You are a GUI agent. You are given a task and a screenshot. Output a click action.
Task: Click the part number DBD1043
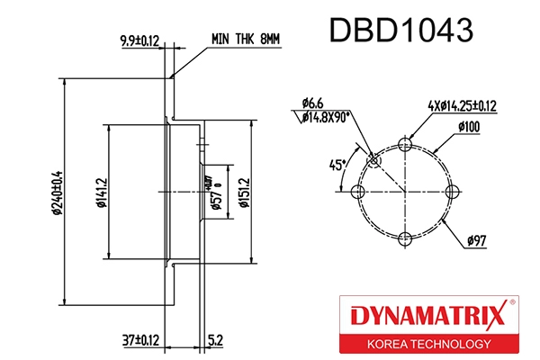[400, 31]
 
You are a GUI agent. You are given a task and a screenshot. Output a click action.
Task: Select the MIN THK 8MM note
[246, 40]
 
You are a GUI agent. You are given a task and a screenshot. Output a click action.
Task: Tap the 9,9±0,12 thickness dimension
[139, 40]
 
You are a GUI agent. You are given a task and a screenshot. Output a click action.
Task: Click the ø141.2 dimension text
[100, 191]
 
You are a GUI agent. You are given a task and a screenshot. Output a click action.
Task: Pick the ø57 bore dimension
[217, 192]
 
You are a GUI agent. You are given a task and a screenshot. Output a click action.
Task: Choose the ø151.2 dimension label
[244, 192]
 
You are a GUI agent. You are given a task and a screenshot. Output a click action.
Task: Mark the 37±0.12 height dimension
[141, 339]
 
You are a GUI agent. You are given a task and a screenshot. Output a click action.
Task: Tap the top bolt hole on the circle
[406, 144]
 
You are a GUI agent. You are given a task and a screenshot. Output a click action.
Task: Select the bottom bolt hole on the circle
[406, 238]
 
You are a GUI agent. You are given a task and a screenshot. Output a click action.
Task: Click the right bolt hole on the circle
[453, 192]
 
